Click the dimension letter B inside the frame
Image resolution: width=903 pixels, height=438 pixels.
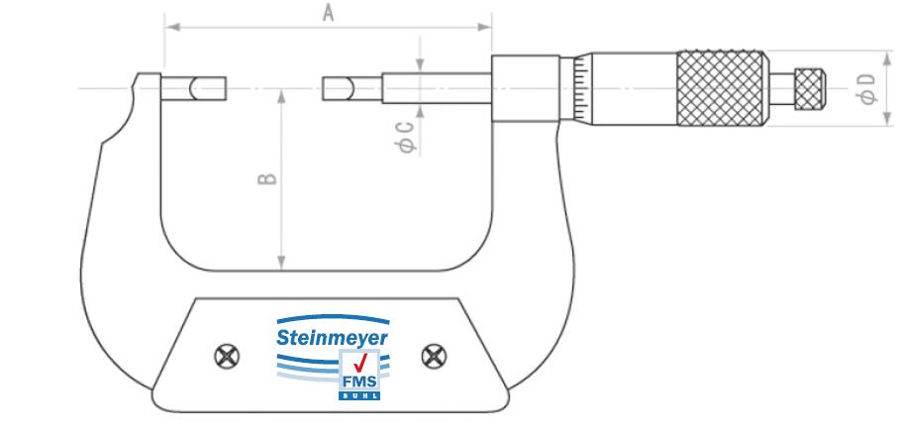(x=266, y=179)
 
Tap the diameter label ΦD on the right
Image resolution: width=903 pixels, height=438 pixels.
(x=867, y=87)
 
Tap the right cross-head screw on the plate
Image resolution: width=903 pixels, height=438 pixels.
(x=432, y=354)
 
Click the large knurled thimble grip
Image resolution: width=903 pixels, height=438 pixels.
(x=722, y=88)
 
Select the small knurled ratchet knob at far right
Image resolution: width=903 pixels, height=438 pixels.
(x=811, y=88)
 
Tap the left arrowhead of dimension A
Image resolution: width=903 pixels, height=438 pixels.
(x=170, y=27)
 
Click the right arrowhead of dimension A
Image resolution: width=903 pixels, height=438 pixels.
(x=486, y=27)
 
